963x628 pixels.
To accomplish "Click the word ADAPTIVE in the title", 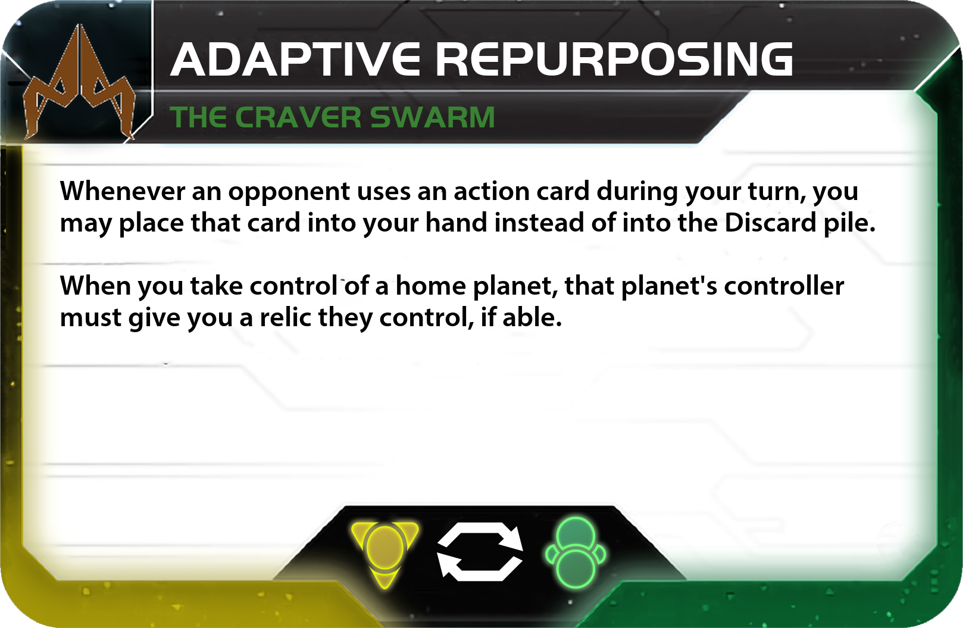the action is point(295,60).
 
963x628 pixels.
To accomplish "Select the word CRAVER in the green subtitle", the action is point(298,117).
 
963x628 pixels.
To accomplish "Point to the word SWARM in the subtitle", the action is point(433,117).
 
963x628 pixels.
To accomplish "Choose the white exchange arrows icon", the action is point(480,552).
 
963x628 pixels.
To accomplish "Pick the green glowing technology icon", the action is point(576,553).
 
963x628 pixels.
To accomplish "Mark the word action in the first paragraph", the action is point(492,191).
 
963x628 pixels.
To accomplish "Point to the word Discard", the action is point(770,223).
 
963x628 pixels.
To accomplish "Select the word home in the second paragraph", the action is point(430,286).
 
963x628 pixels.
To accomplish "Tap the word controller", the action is point(784,286).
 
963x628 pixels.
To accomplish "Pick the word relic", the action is point(286,318).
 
